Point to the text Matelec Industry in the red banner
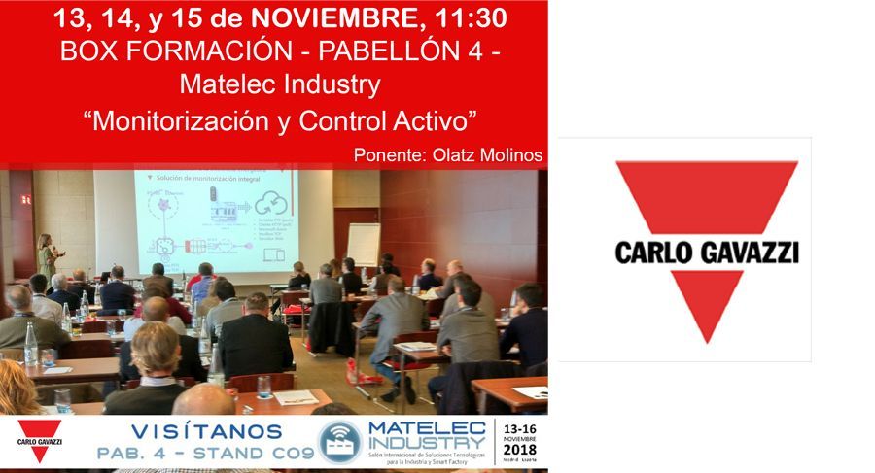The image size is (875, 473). point(280,85)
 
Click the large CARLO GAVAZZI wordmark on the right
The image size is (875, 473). point(707,253)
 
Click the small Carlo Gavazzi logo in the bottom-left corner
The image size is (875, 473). point(39,441)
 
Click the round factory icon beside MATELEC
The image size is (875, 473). point(339,442)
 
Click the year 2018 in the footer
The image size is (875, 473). point(520,449)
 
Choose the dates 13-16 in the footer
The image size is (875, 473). point(520,427)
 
